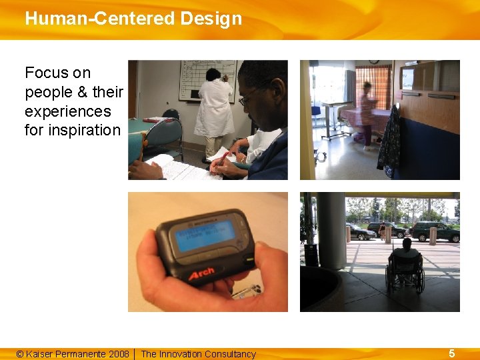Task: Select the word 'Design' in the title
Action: [x=210, y=18]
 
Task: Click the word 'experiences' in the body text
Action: [x=67, y=111]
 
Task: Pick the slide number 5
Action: [x=451, y=353]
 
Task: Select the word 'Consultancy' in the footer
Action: [x=230, y=354]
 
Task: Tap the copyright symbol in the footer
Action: [x=20, y=354]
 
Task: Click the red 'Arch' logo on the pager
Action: [x=201, y=273]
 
